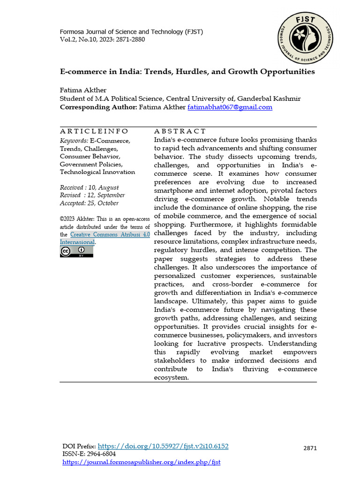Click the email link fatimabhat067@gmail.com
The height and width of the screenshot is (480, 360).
pyautogui.click(x=230, y=107)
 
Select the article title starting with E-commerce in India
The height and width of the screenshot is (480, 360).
pyautogui.click(x=187, y=72)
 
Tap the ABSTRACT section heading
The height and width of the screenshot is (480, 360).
pyautogui.click(x=180, y=131)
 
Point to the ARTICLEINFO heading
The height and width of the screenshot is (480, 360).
pyautogui.click(x=94, y=131)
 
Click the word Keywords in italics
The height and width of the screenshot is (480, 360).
pyautogui.click(x=74, y=141)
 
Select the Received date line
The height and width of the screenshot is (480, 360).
pyautogui.click(x=89, y=187)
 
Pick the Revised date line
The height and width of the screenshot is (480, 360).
pyautogui.click(x=92, y=195)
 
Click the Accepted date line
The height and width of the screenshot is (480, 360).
pyautogui.click(x=89, y=203)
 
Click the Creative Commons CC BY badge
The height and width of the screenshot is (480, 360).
pyautogui.click(x=76, y=252)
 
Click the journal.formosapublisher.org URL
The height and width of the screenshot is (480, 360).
pyautogui.click(x=141, y=462)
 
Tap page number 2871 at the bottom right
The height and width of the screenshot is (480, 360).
pyautogui.click(x=310, y=448)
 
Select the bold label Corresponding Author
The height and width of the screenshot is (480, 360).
pyautogui.click(x=98, y=107)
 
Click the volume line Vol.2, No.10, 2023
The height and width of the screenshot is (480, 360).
pyautogui.click(x=102, y=39)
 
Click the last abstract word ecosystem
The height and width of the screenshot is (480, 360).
pyautogui.click(x=171, y=377)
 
